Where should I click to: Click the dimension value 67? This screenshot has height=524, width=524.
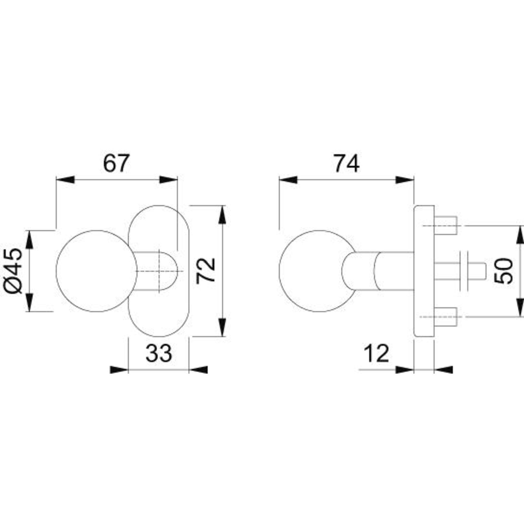[115, 163]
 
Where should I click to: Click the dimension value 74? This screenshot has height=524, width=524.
[347, 163]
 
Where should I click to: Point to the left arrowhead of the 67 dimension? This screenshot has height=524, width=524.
[65, 179]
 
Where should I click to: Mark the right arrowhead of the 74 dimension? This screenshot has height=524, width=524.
[405, 179]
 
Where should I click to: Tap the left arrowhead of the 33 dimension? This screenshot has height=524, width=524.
[119, 370]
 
